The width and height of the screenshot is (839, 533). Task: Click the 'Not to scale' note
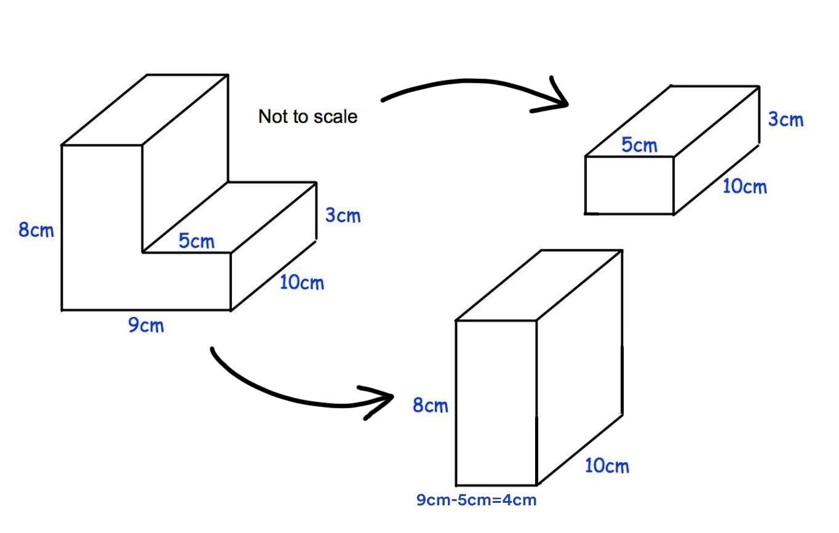[308, 116]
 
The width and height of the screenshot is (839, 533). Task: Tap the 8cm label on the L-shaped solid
[36, 230]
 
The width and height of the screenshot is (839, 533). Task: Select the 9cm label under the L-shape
[146, 325]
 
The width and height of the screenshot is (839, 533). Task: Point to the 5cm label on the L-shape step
[197, 241]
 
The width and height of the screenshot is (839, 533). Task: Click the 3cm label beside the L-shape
[343, 215]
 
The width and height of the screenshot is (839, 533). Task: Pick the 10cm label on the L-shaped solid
[301, 283]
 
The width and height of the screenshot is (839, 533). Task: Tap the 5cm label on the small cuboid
[640, 145]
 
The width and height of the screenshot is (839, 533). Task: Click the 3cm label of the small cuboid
[785, 119]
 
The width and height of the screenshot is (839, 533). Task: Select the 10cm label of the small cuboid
[744, 186]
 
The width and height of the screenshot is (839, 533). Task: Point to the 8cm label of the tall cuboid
[431, 406]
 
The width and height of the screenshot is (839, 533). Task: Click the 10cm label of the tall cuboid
[606, 466]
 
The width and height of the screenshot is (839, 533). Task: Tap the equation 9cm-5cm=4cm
[477, 500]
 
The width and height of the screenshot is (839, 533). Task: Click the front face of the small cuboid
[629, 185]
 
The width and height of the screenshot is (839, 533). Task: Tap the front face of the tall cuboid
[496, 403]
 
